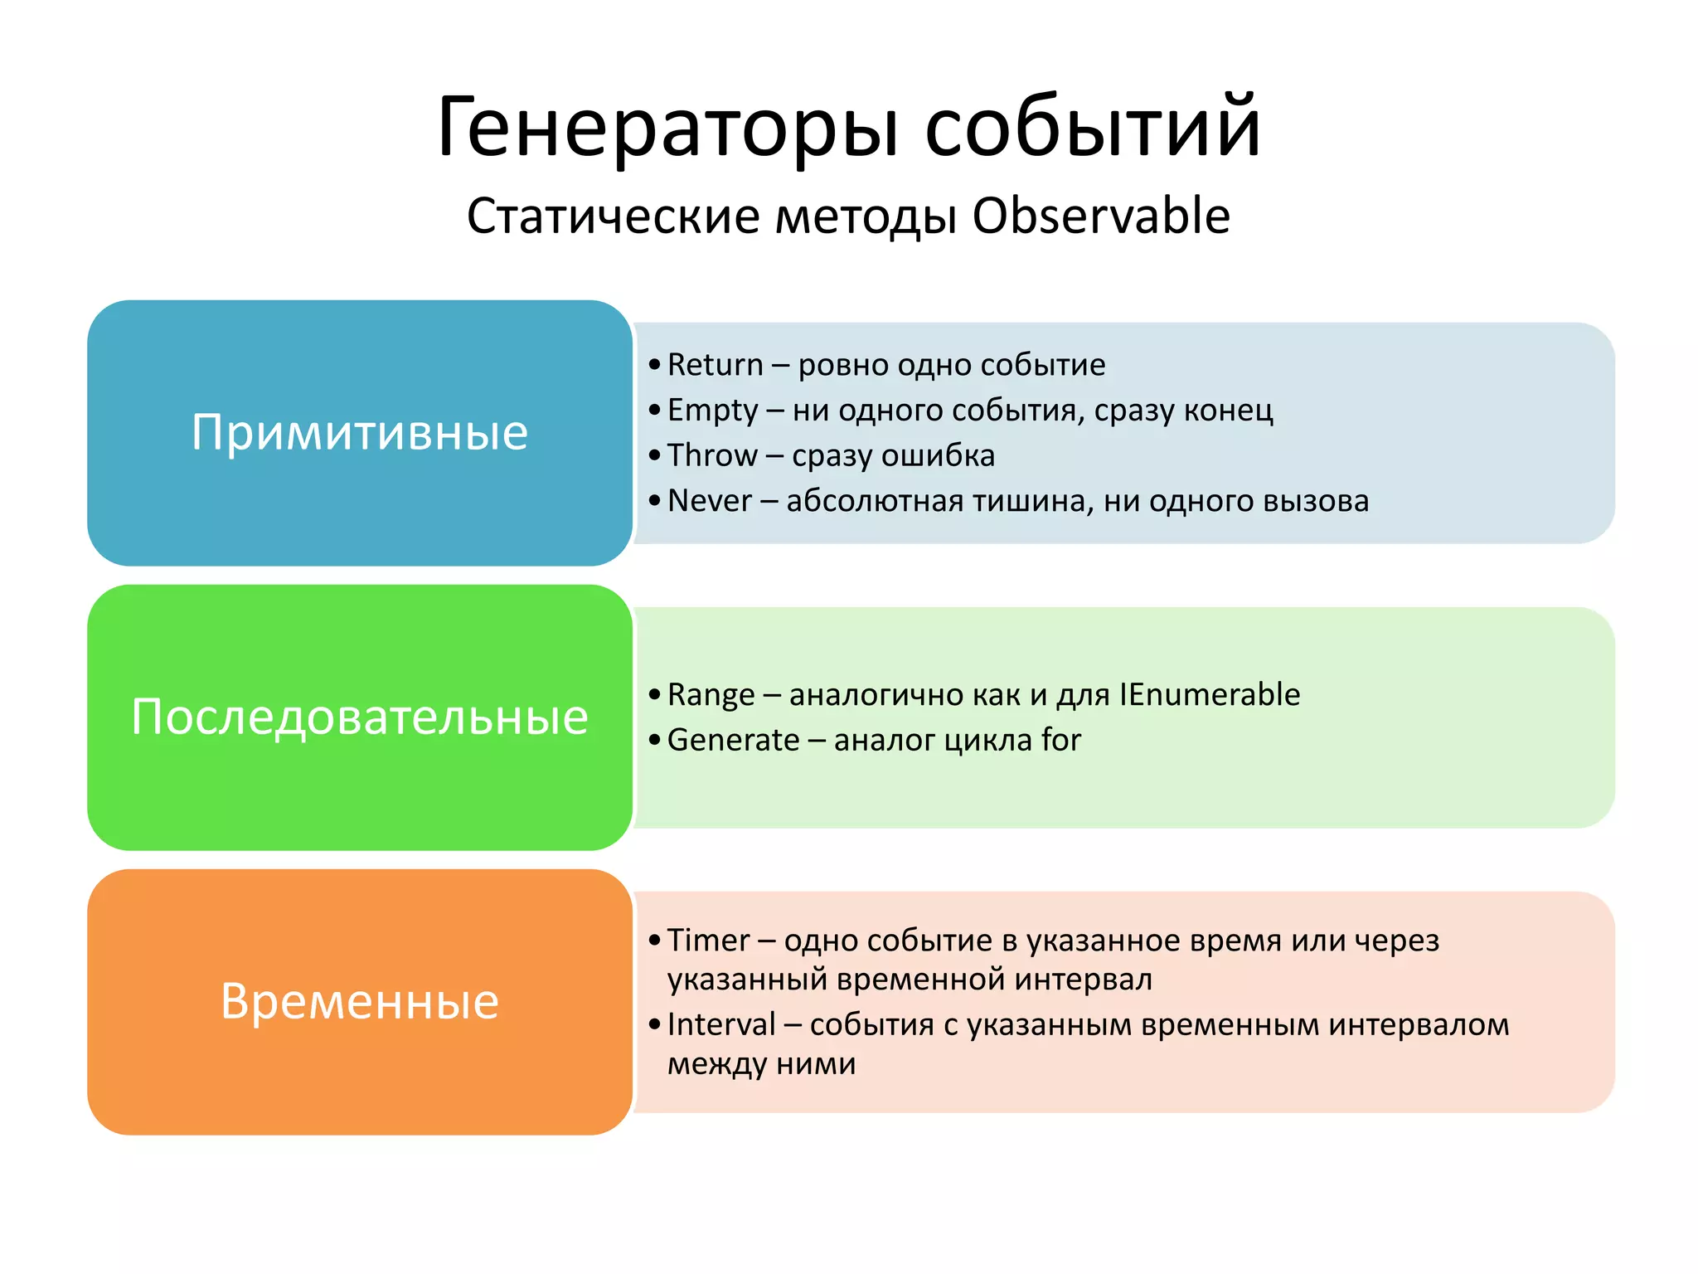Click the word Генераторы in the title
[667, 129]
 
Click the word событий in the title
[1093, 129]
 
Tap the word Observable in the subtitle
[1100, 216]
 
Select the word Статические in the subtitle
[613, 216]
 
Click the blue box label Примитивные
[359, 432]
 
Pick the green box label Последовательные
[359, 717]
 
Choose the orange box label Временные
[359, 1001]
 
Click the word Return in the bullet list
[715, 365]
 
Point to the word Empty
[712, 411]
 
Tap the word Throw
[712, 455]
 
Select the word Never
[709, 501]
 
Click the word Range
[711, 695]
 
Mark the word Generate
[733, 740]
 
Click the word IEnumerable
[1209, 694]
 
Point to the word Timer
[708, 941]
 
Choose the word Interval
[721, 1024]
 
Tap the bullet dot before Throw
[655, 455]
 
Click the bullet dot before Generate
[655, 740]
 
